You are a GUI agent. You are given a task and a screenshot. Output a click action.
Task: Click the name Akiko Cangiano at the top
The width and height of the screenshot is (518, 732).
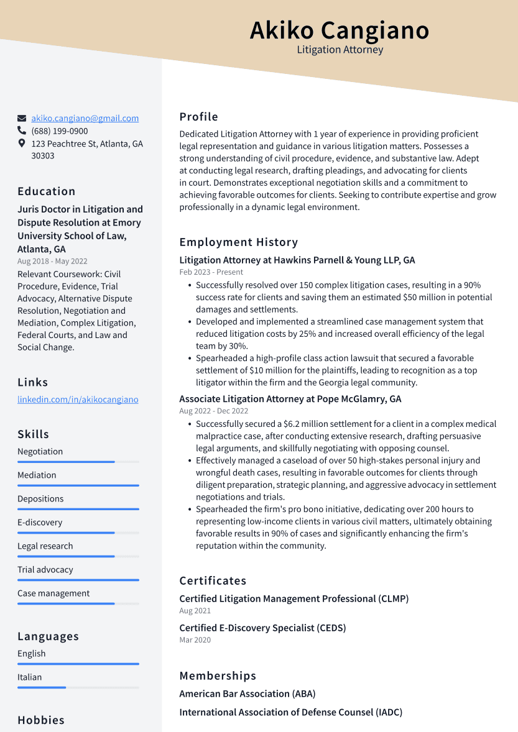pyautogui.click(x=340, y=30)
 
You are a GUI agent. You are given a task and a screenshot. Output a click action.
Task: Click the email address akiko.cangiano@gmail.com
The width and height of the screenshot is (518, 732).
pyautogui.click(x=85, y=118)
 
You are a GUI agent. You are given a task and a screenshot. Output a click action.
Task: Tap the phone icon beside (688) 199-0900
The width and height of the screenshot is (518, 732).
pyautogui.click(x=22, y=131)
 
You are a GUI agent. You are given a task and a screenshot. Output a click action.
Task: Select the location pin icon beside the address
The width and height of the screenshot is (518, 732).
pyautogui.click(x=22, y=144)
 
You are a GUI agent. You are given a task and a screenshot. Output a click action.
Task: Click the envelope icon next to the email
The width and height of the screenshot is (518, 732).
pyautogui.click(x=22, y=118)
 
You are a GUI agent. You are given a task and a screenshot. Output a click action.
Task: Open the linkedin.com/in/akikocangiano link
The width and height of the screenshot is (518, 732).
pyautogui.click(x=78, y=400)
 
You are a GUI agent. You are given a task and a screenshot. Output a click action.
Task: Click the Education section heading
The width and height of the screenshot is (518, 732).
pyautogui.click(x=47, y=191)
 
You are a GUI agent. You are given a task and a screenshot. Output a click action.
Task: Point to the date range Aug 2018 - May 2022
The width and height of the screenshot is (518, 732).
pyautogui.click(x=52, y=262)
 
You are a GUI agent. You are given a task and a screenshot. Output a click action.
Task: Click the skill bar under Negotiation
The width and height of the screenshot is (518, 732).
pyautogui.click(x=78, y=462)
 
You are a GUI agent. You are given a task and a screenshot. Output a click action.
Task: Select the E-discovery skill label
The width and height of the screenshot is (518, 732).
pyautogui.click(x=40, y=523)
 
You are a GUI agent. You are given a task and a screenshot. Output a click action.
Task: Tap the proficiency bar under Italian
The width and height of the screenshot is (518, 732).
pyautogui.click(x=78, y=687)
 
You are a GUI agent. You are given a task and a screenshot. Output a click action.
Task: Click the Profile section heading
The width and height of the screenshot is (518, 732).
pyautogui.click(x=199, y=117)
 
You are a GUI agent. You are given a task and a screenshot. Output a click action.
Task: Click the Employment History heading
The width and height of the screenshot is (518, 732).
pyautogui.click(x=239, y=242)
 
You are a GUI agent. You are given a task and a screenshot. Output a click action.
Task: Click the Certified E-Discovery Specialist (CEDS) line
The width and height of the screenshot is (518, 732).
pyautogui.click(x=262, y=628)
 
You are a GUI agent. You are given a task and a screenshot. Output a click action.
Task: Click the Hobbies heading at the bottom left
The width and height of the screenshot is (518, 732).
pyautogui.click(x=41, y=720)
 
